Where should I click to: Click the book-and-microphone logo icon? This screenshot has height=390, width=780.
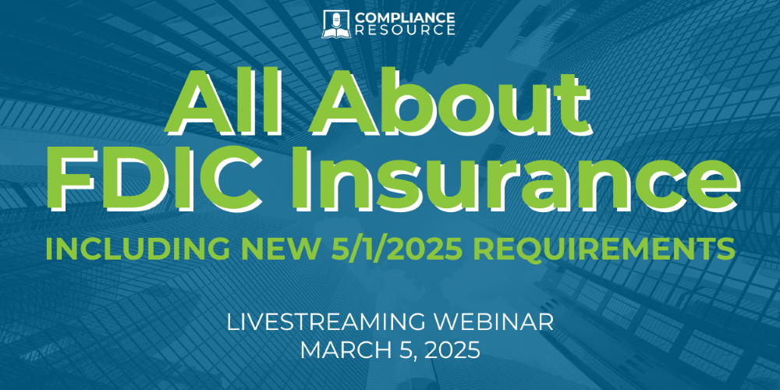coord(336,24)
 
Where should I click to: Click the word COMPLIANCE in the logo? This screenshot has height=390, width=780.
coord(404,17)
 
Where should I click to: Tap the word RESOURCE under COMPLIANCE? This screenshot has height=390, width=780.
coord(404,30)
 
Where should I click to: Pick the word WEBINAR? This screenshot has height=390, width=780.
coord(487,322)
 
